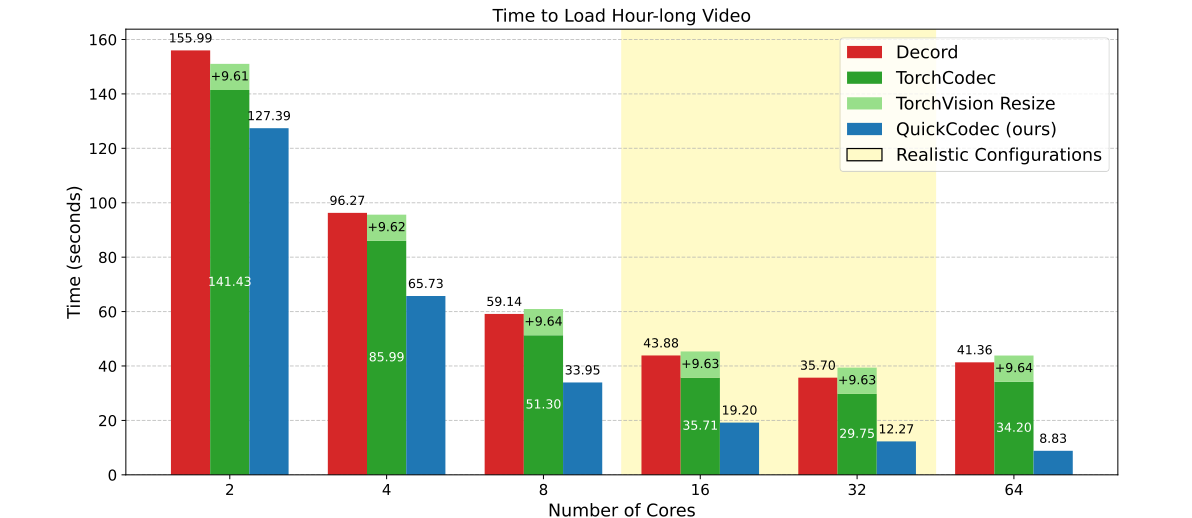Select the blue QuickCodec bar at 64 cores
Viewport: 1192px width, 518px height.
click(x=1053, y=462)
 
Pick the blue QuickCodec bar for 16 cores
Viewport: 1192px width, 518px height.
click(x=739, y=448)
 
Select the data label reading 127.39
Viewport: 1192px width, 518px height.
click(x=269, y=116)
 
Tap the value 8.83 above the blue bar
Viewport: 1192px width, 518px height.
click(x=1053, y=438)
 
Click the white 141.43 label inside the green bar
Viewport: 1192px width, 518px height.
click(x=229, y=282)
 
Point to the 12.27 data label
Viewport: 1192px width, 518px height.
click(x=896, y=429)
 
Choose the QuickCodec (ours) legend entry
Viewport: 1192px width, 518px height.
click(x=975, y=129)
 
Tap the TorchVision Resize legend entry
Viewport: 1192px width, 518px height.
click(x=974, y=103)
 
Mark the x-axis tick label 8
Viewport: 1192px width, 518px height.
click(x=543, y=491)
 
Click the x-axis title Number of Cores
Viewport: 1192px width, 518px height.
click(x=621, y=509)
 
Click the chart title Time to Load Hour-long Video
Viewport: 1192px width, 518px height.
click(x=621, y=16)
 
